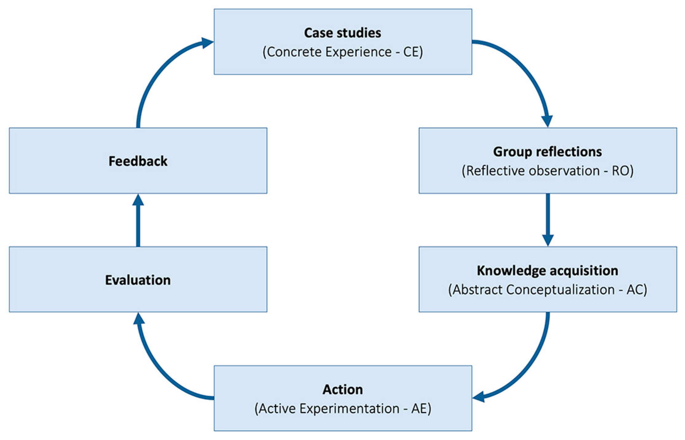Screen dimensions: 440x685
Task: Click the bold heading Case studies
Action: click(x=342, y=33)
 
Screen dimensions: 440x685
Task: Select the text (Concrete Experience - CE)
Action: click(x=342, y=52)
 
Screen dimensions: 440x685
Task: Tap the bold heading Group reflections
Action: click(x=547, y=152)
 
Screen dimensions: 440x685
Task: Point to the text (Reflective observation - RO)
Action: click(x=547, y=171)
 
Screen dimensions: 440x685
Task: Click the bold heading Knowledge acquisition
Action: click(x=547, y=270)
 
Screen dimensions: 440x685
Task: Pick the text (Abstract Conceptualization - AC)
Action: click(x=547, y=289)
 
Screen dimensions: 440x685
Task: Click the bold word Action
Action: click(x=342, y=389)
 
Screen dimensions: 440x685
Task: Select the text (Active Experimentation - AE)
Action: click(x=342, y=408)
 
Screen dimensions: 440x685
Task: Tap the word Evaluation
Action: click(x=138, y=280)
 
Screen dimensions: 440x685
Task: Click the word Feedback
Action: click(x=138, y=161)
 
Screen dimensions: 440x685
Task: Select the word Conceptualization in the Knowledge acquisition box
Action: click(x=560, y=289)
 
